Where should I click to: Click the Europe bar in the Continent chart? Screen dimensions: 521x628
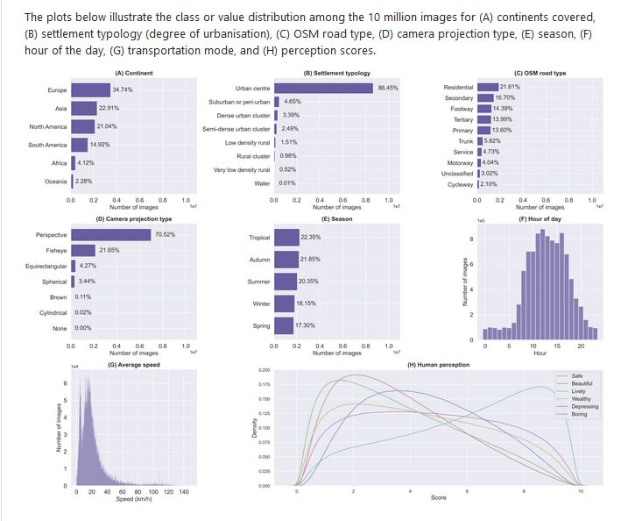pos(90,90)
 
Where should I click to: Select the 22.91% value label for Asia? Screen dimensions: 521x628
pos(109,109)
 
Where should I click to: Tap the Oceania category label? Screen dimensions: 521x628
pos(55,182)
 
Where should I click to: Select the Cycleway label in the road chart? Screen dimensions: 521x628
pos(459,183)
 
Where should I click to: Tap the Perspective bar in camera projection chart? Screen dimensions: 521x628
pos(111,235)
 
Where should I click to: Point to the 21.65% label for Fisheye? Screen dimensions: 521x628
pos(109,251)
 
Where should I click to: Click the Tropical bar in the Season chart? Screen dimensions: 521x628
pos(286,238)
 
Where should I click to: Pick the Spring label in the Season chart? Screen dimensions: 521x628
pos(260,325)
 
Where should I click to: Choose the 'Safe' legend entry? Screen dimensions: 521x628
pos(576,375)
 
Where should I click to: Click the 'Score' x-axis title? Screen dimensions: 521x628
pos(438,498)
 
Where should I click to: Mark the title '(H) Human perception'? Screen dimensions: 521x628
pos(438,365)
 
